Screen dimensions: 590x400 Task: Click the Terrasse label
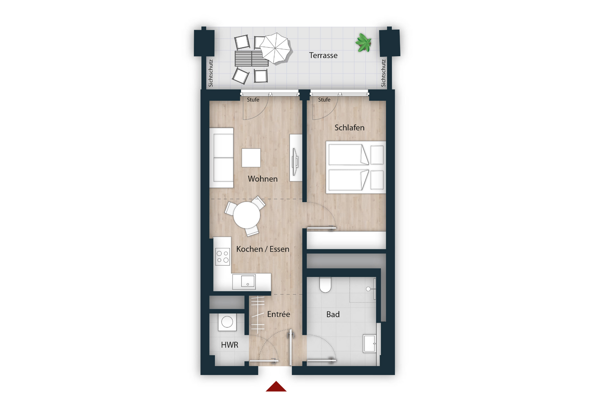tap(323, 55)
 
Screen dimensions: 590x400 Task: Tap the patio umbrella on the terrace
tap(275, 48)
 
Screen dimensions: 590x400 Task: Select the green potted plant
tap(363, 43)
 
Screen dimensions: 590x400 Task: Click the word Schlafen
tap(349, 128)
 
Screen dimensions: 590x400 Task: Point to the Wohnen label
tap(263, 179)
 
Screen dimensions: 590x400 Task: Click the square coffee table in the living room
tap(251, 158)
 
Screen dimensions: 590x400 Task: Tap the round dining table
tap(246, 215)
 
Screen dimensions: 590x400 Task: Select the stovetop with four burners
tap(223, 257)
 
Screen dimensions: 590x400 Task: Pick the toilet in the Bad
tap(325, 284)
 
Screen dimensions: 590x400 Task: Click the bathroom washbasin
tap(370, 343)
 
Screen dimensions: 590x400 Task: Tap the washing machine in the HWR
tap(227, 322)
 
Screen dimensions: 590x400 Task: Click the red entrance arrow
tap(276, 386)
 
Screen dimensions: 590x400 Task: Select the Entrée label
tap(278, 314)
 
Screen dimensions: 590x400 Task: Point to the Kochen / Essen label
tap(263, 249)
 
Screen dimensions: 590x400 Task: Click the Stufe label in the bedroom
tap(324, 100)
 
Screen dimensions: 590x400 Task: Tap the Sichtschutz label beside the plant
tap(383, 73)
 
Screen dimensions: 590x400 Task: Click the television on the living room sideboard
tap(295, 162)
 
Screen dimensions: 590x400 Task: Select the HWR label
tap(229, 345)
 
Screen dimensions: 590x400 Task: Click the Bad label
tap(333, 314)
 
